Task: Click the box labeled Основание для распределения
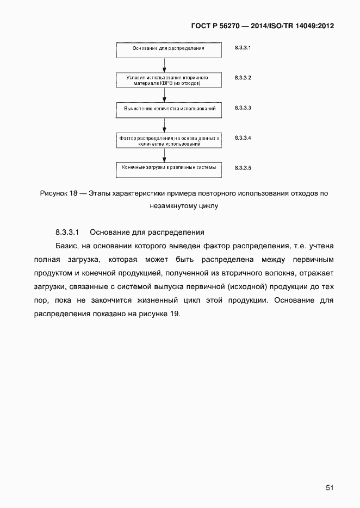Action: [169, 49]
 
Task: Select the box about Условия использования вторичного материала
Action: [169, 80]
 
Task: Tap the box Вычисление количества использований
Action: [169, 109]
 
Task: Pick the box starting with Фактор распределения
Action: [169, 140]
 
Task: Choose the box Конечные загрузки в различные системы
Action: [169, 168]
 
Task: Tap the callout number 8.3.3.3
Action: [243, 108]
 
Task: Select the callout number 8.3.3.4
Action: [243, 138]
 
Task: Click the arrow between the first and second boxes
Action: [165, 65]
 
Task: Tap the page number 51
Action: [330, 488]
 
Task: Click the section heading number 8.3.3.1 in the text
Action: [68, 232]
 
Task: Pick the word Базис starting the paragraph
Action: [66, 246]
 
